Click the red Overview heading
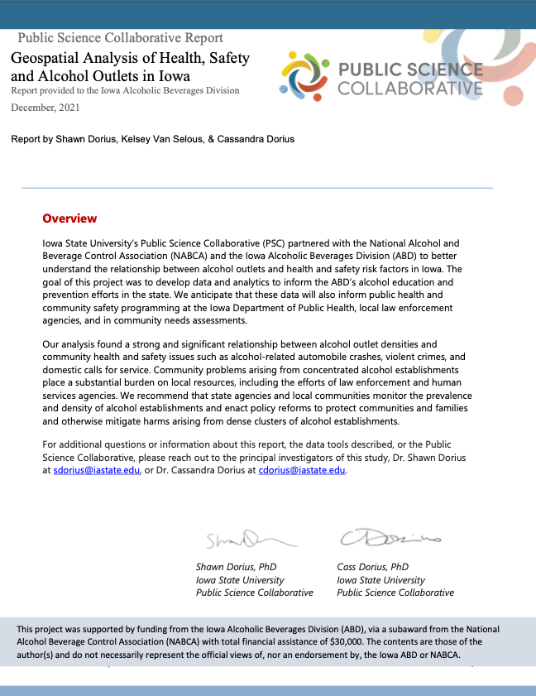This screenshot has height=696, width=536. point(69,218)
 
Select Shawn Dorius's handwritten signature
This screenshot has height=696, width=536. point(246,540)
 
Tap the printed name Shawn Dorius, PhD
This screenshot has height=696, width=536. point(236,567)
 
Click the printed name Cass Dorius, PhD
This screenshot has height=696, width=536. point(373,567)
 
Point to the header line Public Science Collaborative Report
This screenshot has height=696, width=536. point(120,38)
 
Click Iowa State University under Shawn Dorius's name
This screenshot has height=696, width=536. point(240,580)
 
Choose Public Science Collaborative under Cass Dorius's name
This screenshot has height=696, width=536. point(395,593)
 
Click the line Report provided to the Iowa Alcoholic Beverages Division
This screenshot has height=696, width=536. point(125,90)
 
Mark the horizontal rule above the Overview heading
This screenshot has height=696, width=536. point(256,188)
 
